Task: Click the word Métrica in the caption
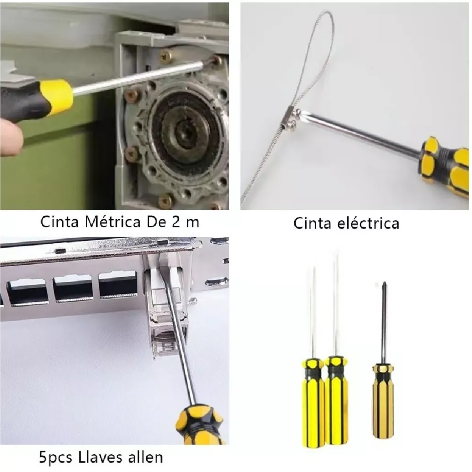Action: click(112, 222)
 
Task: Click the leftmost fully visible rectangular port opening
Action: click(28, 293)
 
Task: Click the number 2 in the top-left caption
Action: click(176, 222)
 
